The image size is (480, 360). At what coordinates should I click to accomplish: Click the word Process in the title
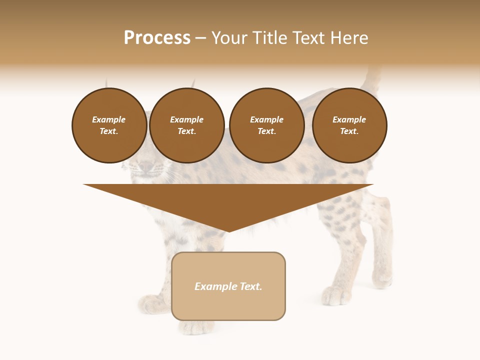[x=157, y=38]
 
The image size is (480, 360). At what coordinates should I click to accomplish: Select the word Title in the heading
[x=269, y=38]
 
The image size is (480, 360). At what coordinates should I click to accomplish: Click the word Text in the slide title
[x=309, y=38]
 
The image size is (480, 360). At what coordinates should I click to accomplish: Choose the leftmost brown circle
[x=109, y=125]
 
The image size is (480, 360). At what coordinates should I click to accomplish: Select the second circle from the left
[x=186, y=125]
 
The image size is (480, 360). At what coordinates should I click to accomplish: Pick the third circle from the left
[x=266, y=125]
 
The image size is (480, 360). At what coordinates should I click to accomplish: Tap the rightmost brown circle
[x=349, y=125]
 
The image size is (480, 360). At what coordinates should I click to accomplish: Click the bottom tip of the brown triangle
[x=228, y=230]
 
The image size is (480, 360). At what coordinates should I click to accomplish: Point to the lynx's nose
[x=145, y=166]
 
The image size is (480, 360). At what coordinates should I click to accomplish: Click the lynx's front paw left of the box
[x=153, y=303]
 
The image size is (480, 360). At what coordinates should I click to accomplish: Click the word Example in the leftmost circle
[x=109, y=119]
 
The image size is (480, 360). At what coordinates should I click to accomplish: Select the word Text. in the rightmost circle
[x=349, y=131]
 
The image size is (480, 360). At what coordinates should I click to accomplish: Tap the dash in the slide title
[x=200, y=38]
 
